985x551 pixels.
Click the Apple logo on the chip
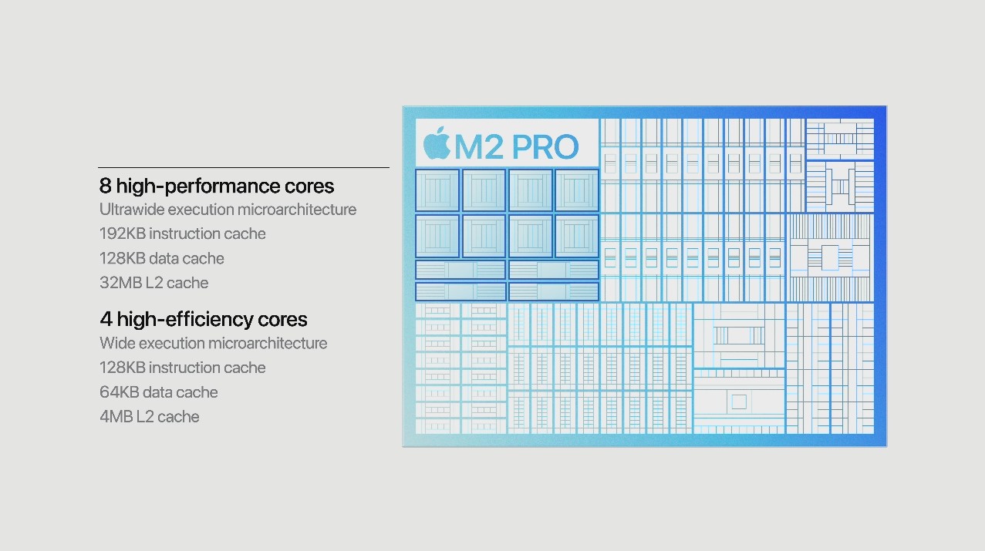tap(437, 143)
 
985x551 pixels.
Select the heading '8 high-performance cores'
tap(216, 186)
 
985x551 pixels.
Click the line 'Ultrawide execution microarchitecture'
tap(228, 210)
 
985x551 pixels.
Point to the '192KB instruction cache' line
tap(183, 234)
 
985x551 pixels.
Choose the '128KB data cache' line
tap(162, 258)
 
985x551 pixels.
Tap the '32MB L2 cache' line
tap(154, 283)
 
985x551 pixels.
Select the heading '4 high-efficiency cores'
tap(203, 320)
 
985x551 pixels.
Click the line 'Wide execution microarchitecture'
tap(213, 343)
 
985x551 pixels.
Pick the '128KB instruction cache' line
tap(183, 368)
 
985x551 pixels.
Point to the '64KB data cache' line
tap(159, 392)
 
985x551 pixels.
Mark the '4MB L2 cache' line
tap(150, 417)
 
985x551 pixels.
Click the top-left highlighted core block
tap(437, 190)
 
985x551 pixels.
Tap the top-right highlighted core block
tap(576, 190)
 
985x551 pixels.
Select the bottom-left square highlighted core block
tap(437, 236)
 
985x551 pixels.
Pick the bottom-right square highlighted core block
tap(576, 236)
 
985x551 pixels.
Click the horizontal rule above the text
tap(244, 167)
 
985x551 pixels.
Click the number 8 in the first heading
tap(105, 186)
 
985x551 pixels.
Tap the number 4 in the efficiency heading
tap(106, 320)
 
